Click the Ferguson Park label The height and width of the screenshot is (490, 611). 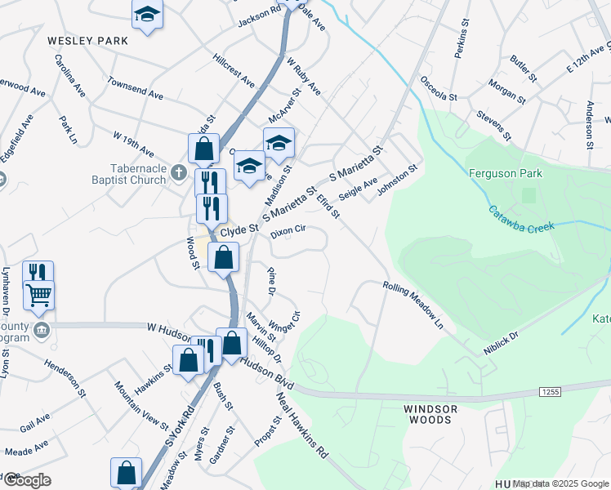point(505,173)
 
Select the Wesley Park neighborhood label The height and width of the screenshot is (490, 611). point(87,40)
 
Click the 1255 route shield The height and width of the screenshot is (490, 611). point(549,393)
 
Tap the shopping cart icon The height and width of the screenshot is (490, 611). point(38,296)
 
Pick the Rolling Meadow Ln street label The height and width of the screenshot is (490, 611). point(413,305)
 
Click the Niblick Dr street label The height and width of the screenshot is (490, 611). point(502,344)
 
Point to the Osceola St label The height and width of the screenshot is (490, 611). point(438,89)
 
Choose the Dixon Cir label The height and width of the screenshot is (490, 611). point(288,230)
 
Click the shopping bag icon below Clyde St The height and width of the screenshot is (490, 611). point(223,257)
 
